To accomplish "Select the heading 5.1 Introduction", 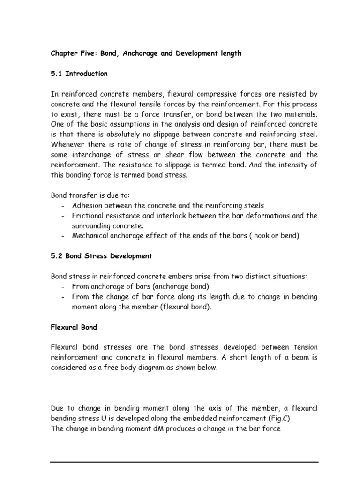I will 79,74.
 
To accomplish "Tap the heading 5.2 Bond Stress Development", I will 101,256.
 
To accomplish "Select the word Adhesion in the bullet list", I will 88,205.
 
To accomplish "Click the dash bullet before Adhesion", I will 62,205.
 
